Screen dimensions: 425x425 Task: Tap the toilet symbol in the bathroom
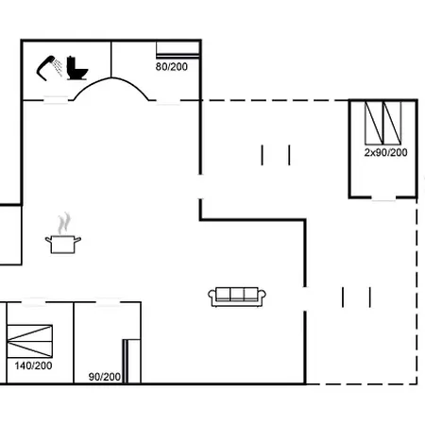tap(76, 68)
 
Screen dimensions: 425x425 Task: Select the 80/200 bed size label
tap(171, 67)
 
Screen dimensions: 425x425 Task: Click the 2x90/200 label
tap(385, 152)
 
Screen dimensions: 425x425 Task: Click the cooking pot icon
tap(63, 244)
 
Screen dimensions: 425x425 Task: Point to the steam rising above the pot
tap(63, 223)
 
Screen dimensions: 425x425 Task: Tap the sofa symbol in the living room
tap(239, 296)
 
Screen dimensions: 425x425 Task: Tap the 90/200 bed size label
tap(104, 377)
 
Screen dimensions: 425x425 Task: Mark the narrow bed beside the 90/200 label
tap(131, 359)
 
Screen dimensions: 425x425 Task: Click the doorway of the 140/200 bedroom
tap(35, 302)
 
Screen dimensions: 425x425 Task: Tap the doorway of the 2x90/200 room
tap(382, 198)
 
